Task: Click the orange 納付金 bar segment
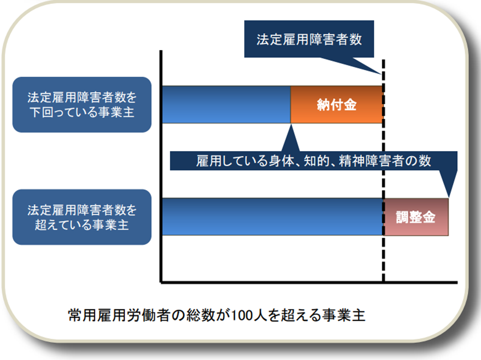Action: click(337, 104)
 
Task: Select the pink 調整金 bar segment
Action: click(416, 217)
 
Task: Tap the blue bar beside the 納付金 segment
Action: click(226, 104)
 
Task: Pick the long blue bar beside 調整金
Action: click(272, 217)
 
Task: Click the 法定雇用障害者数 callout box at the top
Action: click(309, 39)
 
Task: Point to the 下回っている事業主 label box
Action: click(82, 104)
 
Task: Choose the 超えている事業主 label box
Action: click(82, 217)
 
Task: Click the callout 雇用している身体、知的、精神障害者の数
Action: click(313, 161)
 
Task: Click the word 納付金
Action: click(337, 105)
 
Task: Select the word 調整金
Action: click(416, 217)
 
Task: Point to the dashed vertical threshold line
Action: click(383, 171)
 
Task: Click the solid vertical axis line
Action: click(161, 166)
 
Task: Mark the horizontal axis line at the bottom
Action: click(309, 282)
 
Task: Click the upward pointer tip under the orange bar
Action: click(291, 125)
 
